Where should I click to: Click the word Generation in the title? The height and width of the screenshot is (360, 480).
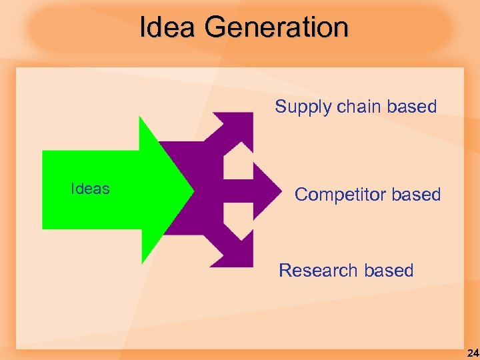[277, 28]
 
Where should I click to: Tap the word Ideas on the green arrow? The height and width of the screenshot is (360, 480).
[90, 189]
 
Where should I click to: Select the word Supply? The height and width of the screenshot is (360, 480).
[299, 107]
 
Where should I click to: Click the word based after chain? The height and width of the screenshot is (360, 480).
[412, 107]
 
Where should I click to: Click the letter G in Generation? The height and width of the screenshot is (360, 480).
[216, 28]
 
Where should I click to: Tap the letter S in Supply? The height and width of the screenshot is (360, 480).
[281, 107]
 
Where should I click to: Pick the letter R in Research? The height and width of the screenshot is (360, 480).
[285, 271]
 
